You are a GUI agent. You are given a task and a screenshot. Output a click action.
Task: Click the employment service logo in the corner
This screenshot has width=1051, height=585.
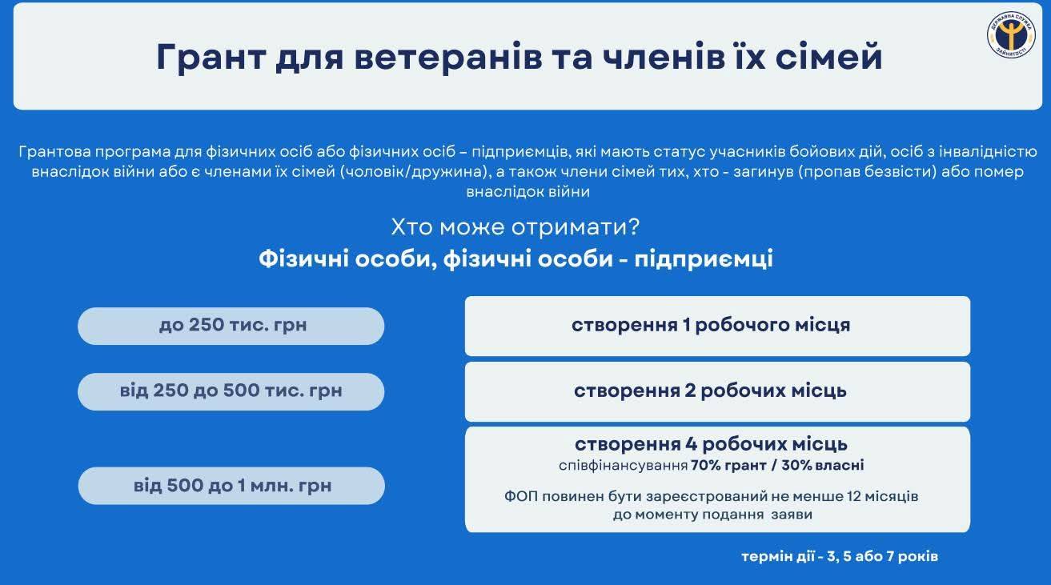1010,35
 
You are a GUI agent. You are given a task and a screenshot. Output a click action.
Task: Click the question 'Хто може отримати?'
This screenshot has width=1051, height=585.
515,227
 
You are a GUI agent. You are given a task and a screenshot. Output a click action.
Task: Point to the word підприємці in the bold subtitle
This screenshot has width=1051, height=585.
704,259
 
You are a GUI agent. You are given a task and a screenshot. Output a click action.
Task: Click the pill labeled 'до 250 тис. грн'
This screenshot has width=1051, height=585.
231,326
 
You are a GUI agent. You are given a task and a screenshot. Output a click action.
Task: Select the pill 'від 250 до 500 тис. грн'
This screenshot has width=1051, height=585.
231,391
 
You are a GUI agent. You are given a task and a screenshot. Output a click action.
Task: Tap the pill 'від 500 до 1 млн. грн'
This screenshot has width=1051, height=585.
231,486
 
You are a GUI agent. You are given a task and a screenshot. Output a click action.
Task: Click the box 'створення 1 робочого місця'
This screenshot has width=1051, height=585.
717,326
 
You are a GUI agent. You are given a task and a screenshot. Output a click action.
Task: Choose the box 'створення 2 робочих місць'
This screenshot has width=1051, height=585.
717,391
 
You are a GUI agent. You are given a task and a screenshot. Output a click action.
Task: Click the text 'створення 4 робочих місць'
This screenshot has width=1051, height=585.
711,444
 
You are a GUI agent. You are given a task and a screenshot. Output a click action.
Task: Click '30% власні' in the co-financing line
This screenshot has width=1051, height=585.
823,466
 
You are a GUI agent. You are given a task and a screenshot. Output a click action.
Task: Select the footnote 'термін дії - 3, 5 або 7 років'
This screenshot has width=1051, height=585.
840,556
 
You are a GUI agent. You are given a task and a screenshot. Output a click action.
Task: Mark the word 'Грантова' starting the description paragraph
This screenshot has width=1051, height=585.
55,152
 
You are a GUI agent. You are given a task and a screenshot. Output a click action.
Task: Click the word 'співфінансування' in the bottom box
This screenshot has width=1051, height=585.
623,466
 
